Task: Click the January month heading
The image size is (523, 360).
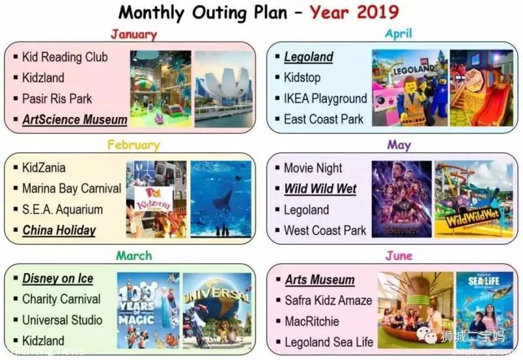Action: (134, 35)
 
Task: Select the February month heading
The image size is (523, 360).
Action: (133, 145)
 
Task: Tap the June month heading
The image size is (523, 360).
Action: (399, 255)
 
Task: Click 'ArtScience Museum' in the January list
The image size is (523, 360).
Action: (75, 120)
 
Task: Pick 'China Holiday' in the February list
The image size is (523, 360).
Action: (59, 231)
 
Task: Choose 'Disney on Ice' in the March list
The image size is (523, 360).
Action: (58, 279)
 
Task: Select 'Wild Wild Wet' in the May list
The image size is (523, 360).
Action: (320, 189)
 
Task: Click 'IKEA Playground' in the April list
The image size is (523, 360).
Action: (325, 99)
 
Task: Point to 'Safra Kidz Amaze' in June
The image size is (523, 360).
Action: (328, 301)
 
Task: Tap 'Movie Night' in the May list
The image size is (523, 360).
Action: (313, 169)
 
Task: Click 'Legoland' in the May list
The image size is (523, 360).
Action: (306, 210)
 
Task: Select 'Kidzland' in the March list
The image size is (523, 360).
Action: (43, 340)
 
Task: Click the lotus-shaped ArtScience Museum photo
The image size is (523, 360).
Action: (223, 89)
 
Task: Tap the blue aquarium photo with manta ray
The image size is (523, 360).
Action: (221, 199)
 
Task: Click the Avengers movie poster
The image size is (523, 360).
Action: (401, 199)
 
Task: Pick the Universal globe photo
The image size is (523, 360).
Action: (217, 310)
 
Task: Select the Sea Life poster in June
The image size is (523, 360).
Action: (484, 310)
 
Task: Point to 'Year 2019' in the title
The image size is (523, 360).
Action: (354, 12)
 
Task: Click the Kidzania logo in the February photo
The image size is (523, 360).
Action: (154, 199)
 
